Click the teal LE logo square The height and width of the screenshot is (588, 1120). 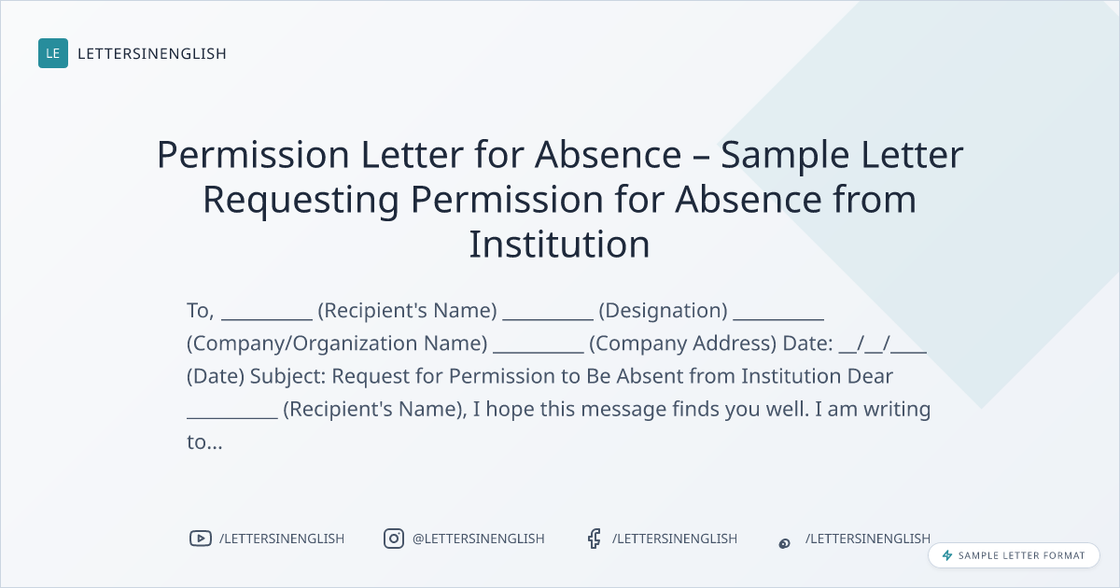[x=53, y=53]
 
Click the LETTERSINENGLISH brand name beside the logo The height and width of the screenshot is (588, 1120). [x=152, y=53]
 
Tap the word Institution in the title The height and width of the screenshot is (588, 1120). [x=559, y=244]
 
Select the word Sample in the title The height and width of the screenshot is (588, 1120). [x=785, y=156]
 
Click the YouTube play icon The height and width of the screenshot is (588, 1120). [x=201, y=539]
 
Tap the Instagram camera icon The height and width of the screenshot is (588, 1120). [x=394, y=539]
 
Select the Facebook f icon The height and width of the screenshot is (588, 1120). [x=594, y=539]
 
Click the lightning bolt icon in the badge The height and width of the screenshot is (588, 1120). [x=947, y=555]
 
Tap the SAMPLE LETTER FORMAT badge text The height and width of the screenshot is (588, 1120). [x=1021, y=555]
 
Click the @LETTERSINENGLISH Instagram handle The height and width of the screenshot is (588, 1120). [x=479, y=539]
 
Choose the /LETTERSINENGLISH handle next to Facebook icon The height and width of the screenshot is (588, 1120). [x=675, y=539]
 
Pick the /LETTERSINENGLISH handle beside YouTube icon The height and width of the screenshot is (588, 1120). [x=282, y=539]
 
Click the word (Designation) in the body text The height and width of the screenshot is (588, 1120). [x=663, y=311]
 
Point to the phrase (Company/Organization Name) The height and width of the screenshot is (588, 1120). [x=337, y=343]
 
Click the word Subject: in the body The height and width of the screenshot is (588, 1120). [x=288, y=376]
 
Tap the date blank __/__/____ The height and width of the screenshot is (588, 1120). [x=883, y=343]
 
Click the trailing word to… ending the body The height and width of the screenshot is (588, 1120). [x=204, y=442]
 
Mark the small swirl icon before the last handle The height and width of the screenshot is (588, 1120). [x=785, y=543]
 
